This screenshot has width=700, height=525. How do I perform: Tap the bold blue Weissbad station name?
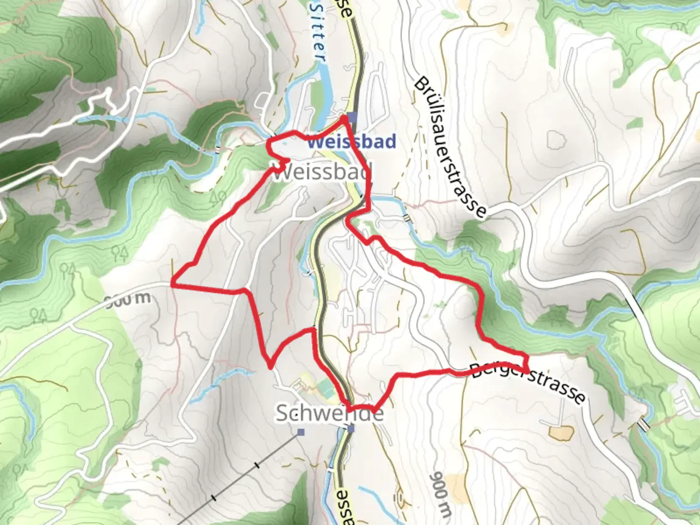point(351,141)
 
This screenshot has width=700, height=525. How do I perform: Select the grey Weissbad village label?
point(322,172)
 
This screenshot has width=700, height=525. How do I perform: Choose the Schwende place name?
point(330,413)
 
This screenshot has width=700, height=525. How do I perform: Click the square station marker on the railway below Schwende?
point(351,429)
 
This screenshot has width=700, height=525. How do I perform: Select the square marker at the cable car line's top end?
point(301,432)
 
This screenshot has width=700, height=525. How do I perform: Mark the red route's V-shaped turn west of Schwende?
point(270,367)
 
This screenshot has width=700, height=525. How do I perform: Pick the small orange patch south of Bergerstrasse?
point(559,433)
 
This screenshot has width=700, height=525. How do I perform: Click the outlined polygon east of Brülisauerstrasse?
point(557,140)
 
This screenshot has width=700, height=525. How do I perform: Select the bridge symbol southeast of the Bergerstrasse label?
point(643,424)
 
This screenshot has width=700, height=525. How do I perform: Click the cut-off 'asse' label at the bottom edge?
point(344,508)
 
